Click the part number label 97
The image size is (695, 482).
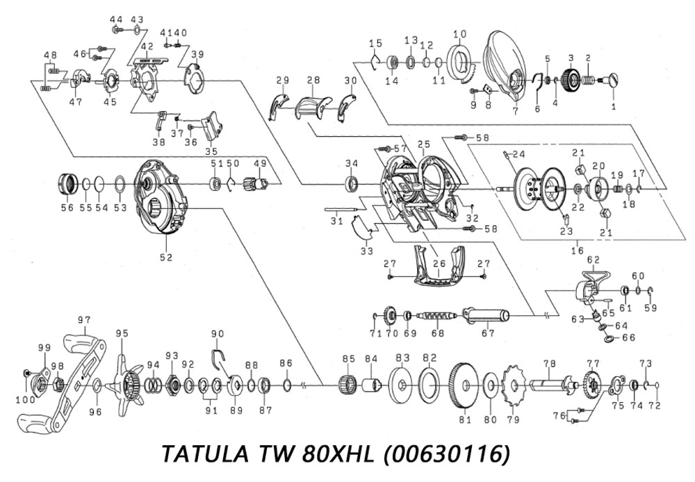point(84,319)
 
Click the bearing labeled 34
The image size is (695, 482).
point(352,185)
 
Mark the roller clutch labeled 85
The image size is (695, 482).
point(348,385)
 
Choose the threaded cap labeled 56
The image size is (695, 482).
point(67,185)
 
